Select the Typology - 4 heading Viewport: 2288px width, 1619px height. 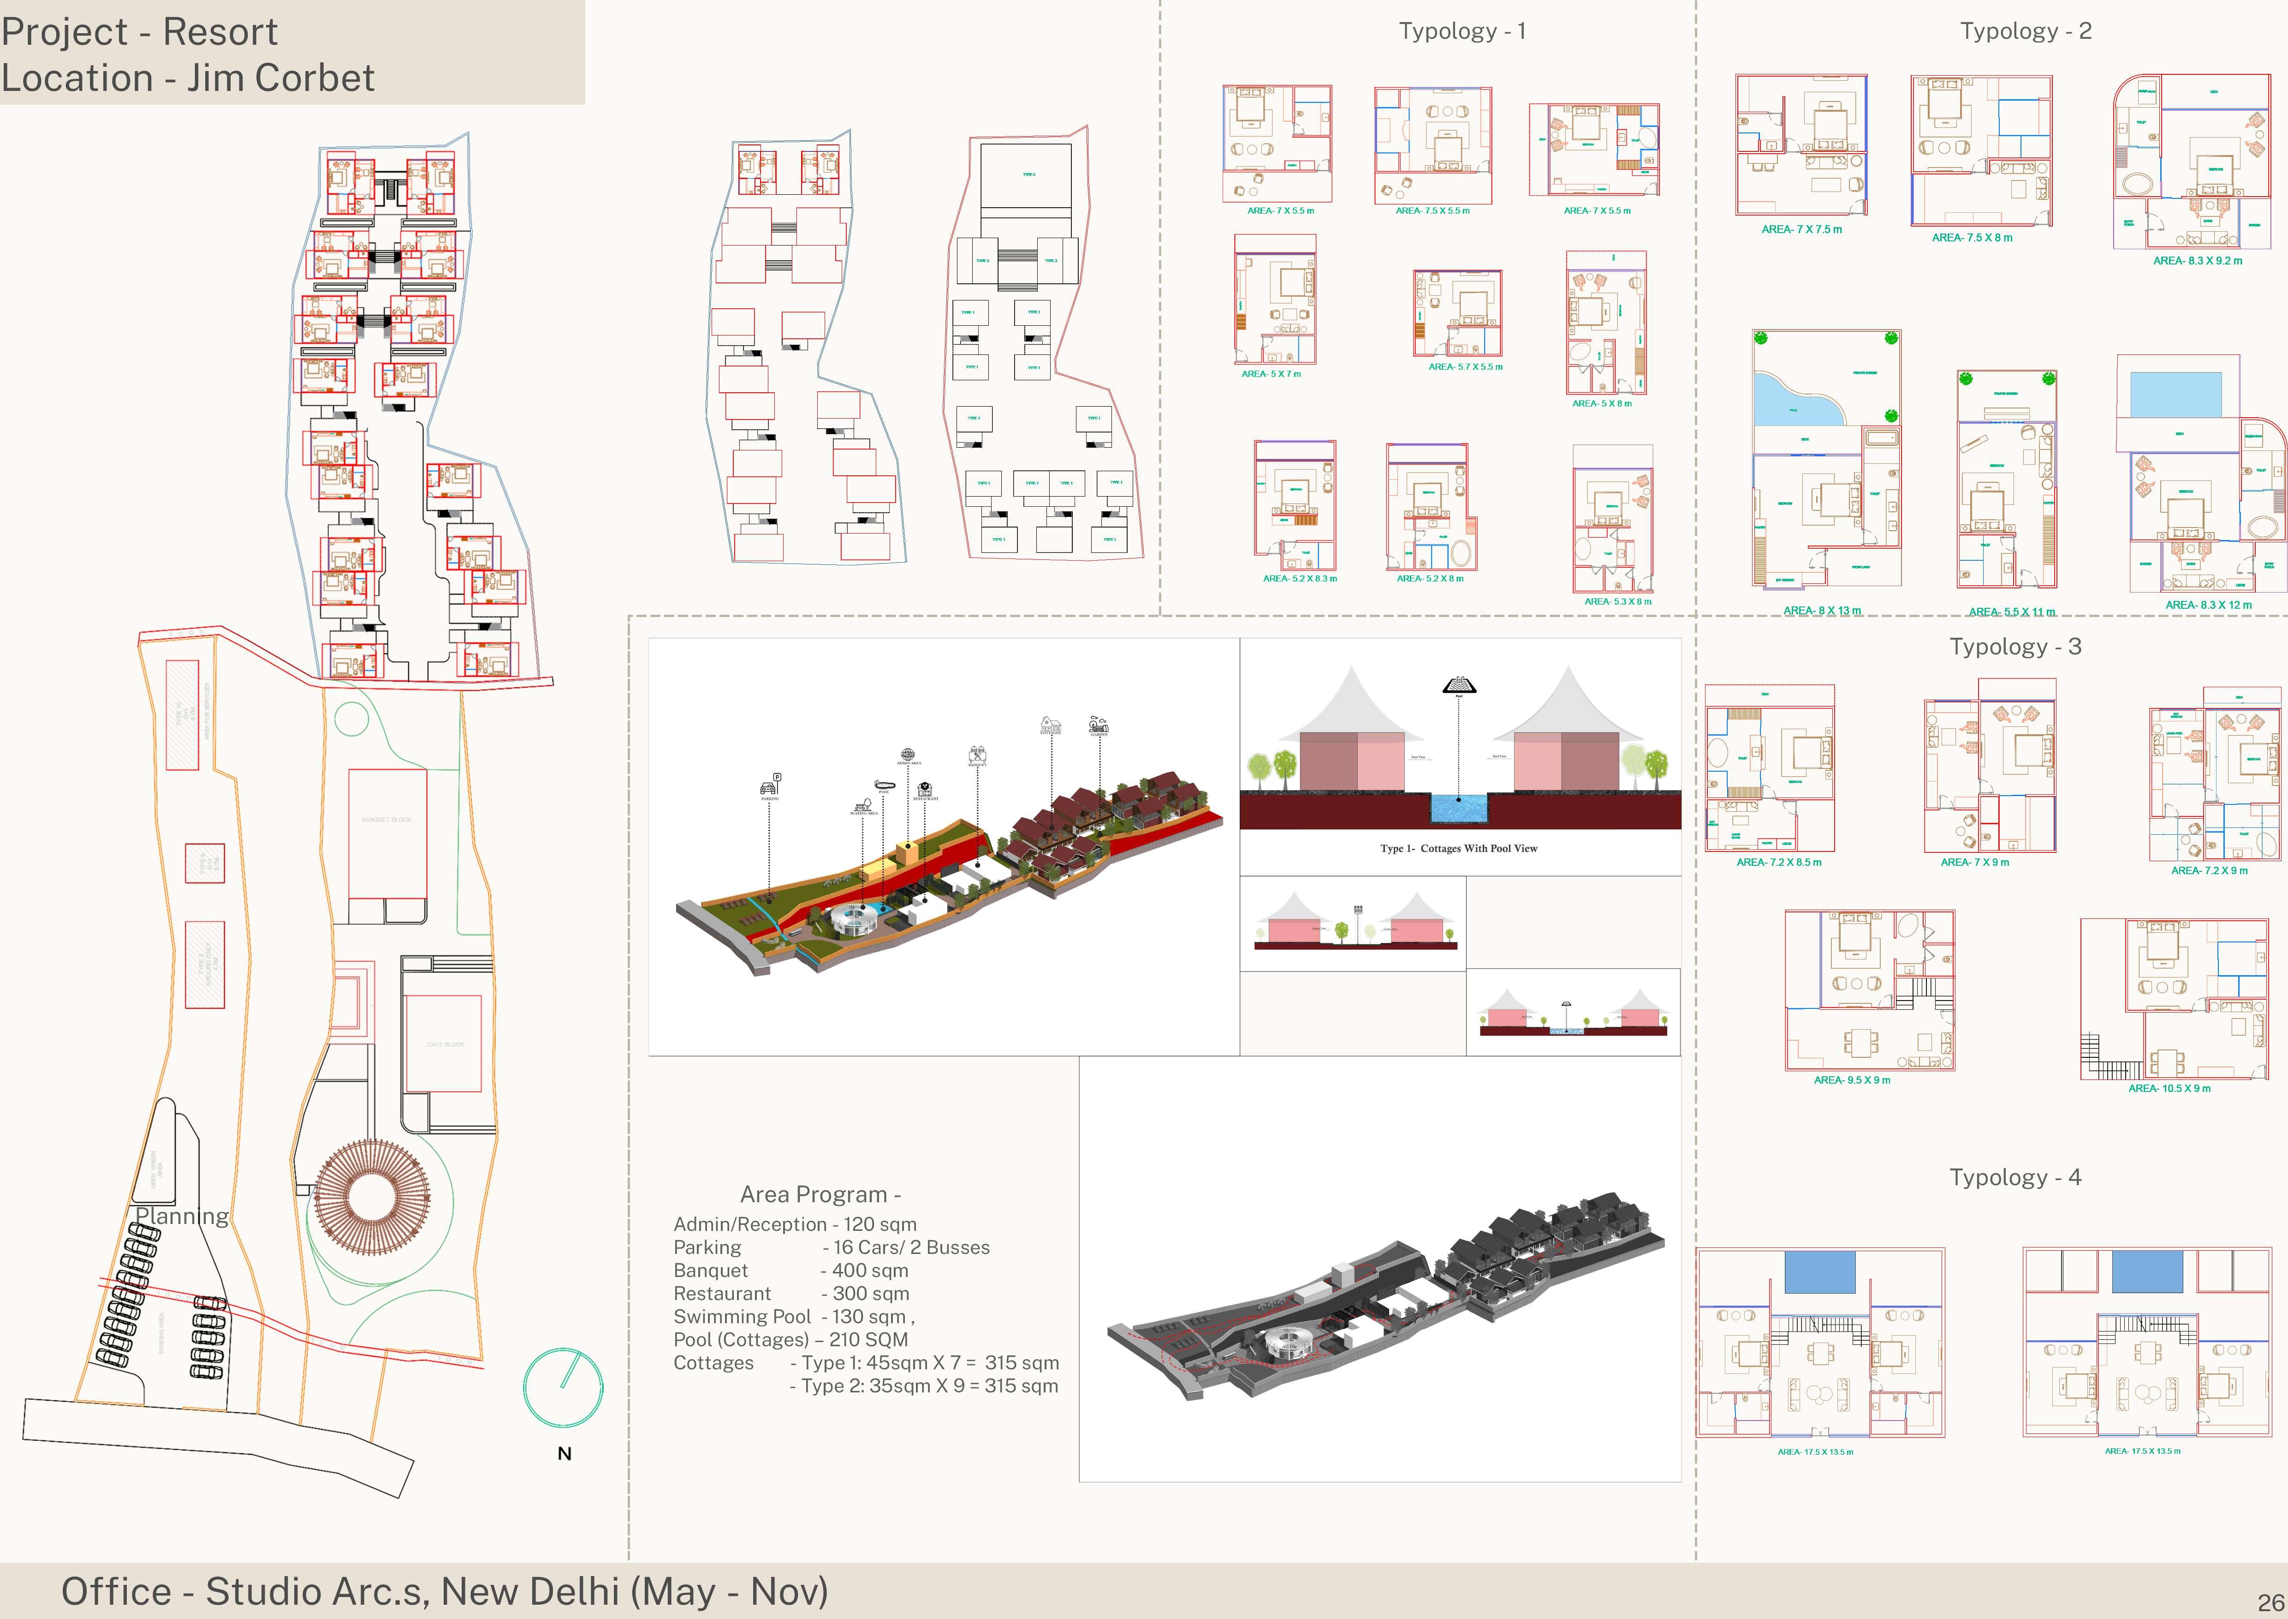pos(2015,1177)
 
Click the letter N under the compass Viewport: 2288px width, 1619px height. pos(564,1453)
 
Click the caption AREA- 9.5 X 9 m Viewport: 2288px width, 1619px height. pos(1852,1079)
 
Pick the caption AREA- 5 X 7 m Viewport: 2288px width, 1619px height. pos(1271,374)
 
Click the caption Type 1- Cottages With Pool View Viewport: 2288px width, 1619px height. pos(1458,848)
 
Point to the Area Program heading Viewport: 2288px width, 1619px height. pos(820,1194)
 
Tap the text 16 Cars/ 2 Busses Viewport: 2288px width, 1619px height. pos(911,1247)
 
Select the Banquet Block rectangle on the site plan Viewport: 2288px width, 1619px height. pos(386,833)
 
